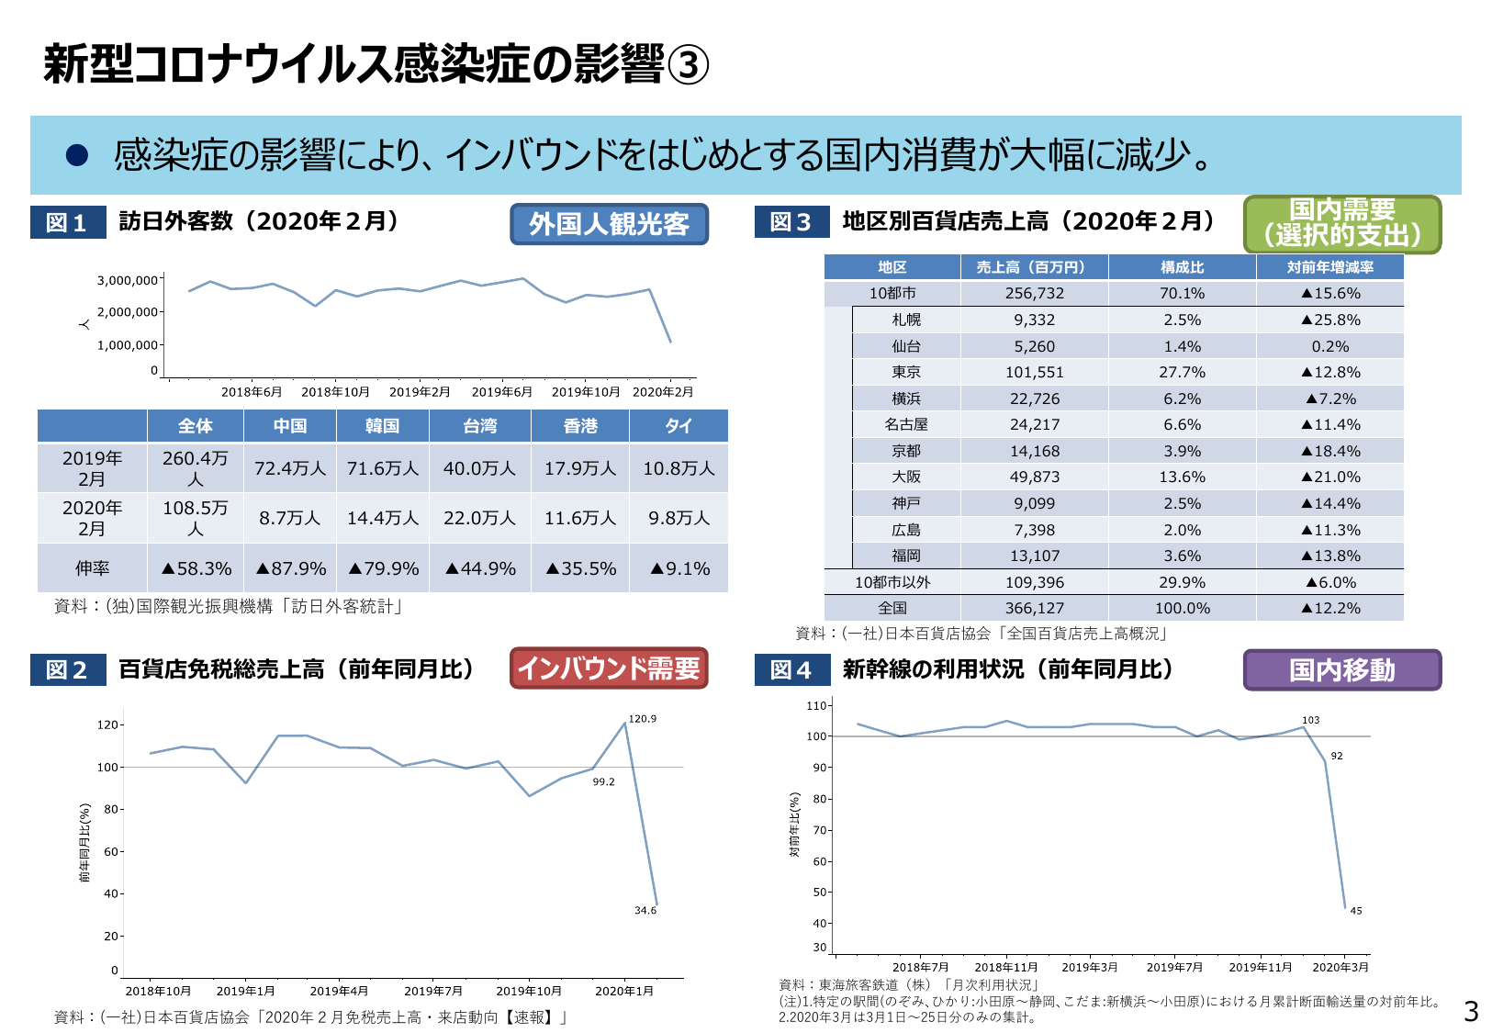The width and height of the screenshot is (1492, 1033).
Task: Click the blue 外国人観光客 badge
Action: (x=609, y=224)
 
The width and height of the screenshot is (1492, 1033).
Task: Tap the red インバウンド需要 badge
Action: (x=609, y=668)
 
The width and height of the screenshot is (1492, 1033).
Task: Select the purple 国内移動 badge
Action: (x=1341, y=670)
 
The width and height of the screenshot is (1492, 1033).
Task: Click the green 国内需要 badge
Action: (x=1341, y=223)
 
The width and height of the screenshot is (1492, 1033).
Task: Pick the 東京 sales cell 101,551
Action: (x=1034, y=372)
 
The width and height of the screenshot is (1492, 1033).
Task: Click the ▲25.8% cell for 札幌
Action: (x=1329, y=320)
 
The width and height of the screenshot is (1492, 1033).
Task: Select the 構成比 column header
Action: (x=1182, y=267)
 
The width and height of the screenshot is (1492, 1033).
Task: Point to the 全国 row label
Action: (x=892, y=608)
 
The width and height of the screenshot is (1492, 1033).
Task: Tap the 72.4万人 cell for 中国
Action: (x=290, y=468)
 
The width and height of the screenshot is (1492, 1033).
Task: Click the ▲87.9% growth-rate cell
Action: (x=290, y=568)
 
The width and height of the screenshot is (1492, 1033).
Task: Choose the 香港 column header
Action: (x=580, y=426)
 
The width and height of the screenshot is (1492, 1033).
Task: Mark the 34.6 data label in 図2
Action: (x=645, y=910)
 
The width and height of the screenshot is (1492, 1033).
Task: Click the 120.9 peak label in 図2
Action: (x=643, y=719)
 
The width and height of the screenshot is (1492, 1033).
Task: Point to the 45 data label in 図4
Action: (x=1356, y=911)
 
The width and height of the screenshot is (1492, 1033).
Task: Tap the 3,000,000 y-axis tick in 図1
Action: (x=128, y=280)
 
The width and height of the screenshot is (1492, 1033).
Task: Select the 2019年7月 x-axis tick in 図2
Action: (x=433, y=991)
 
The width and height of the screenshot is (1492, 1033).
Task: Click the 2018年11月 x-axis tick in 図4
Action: (x=1005, y=967)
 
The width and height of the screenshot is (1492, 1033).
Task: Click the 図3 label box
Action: (x=791, y=222)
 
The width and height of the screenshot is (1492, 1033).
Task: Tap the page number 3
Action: (x=1471, y=1012)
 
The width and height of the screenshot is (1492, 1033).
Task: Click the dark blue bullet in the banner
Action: (x=76, y=155)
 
